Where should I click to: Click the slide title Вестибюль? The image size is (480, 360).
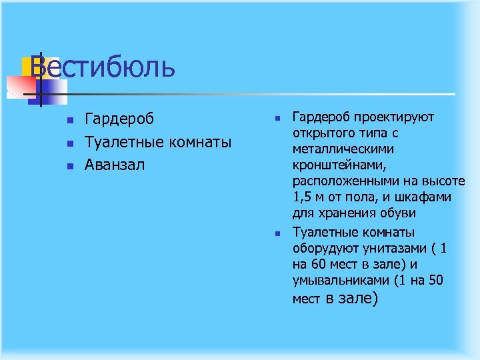click(x=103, y=68)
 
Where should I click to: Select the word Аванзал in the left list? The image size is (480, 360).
click(x=114, y=164)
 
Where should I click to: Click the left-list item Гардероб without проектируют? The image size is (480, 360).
click(x=119, y=119)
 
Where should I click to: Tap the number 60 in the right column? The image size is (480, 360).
click(x=317, y=264)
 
